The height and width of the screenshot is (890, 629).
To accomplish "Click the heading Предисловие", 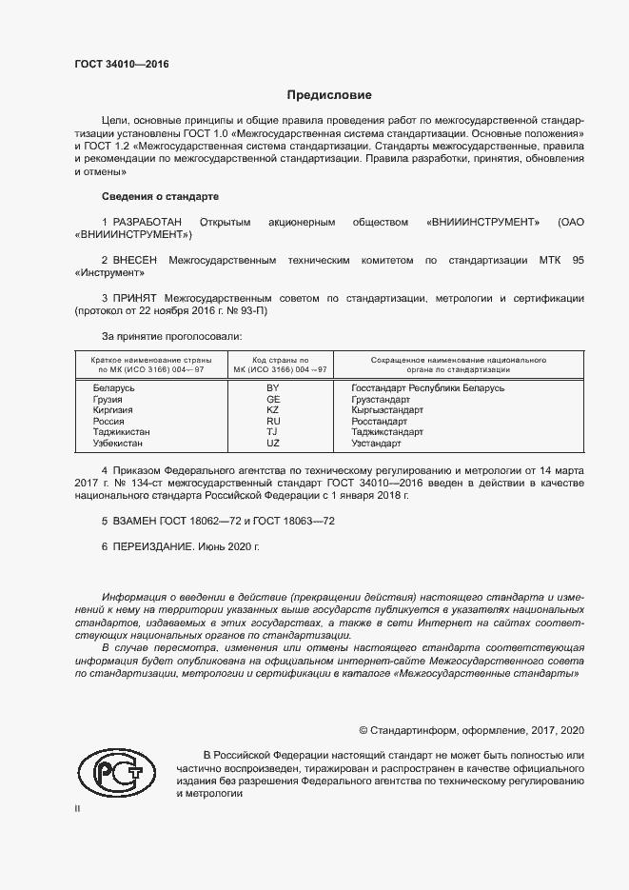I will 328,95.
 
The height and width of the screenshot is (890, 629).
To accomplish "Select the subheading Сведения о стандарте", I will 160,196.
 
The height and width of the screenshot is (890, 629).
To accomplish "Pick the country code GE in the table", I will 273,400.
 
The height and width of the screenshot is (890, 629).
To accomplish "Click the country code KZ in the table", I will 273,410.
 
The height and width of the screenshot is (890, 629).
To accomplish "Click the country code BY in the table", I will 273,388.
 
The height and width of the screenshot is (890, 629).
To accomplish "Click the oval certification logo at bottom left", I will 116,772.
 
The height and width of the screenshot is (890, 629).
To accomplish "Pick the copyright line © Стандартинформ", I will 471,730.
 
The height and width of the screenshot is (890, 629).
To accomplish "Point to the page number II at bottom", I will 77,808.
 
